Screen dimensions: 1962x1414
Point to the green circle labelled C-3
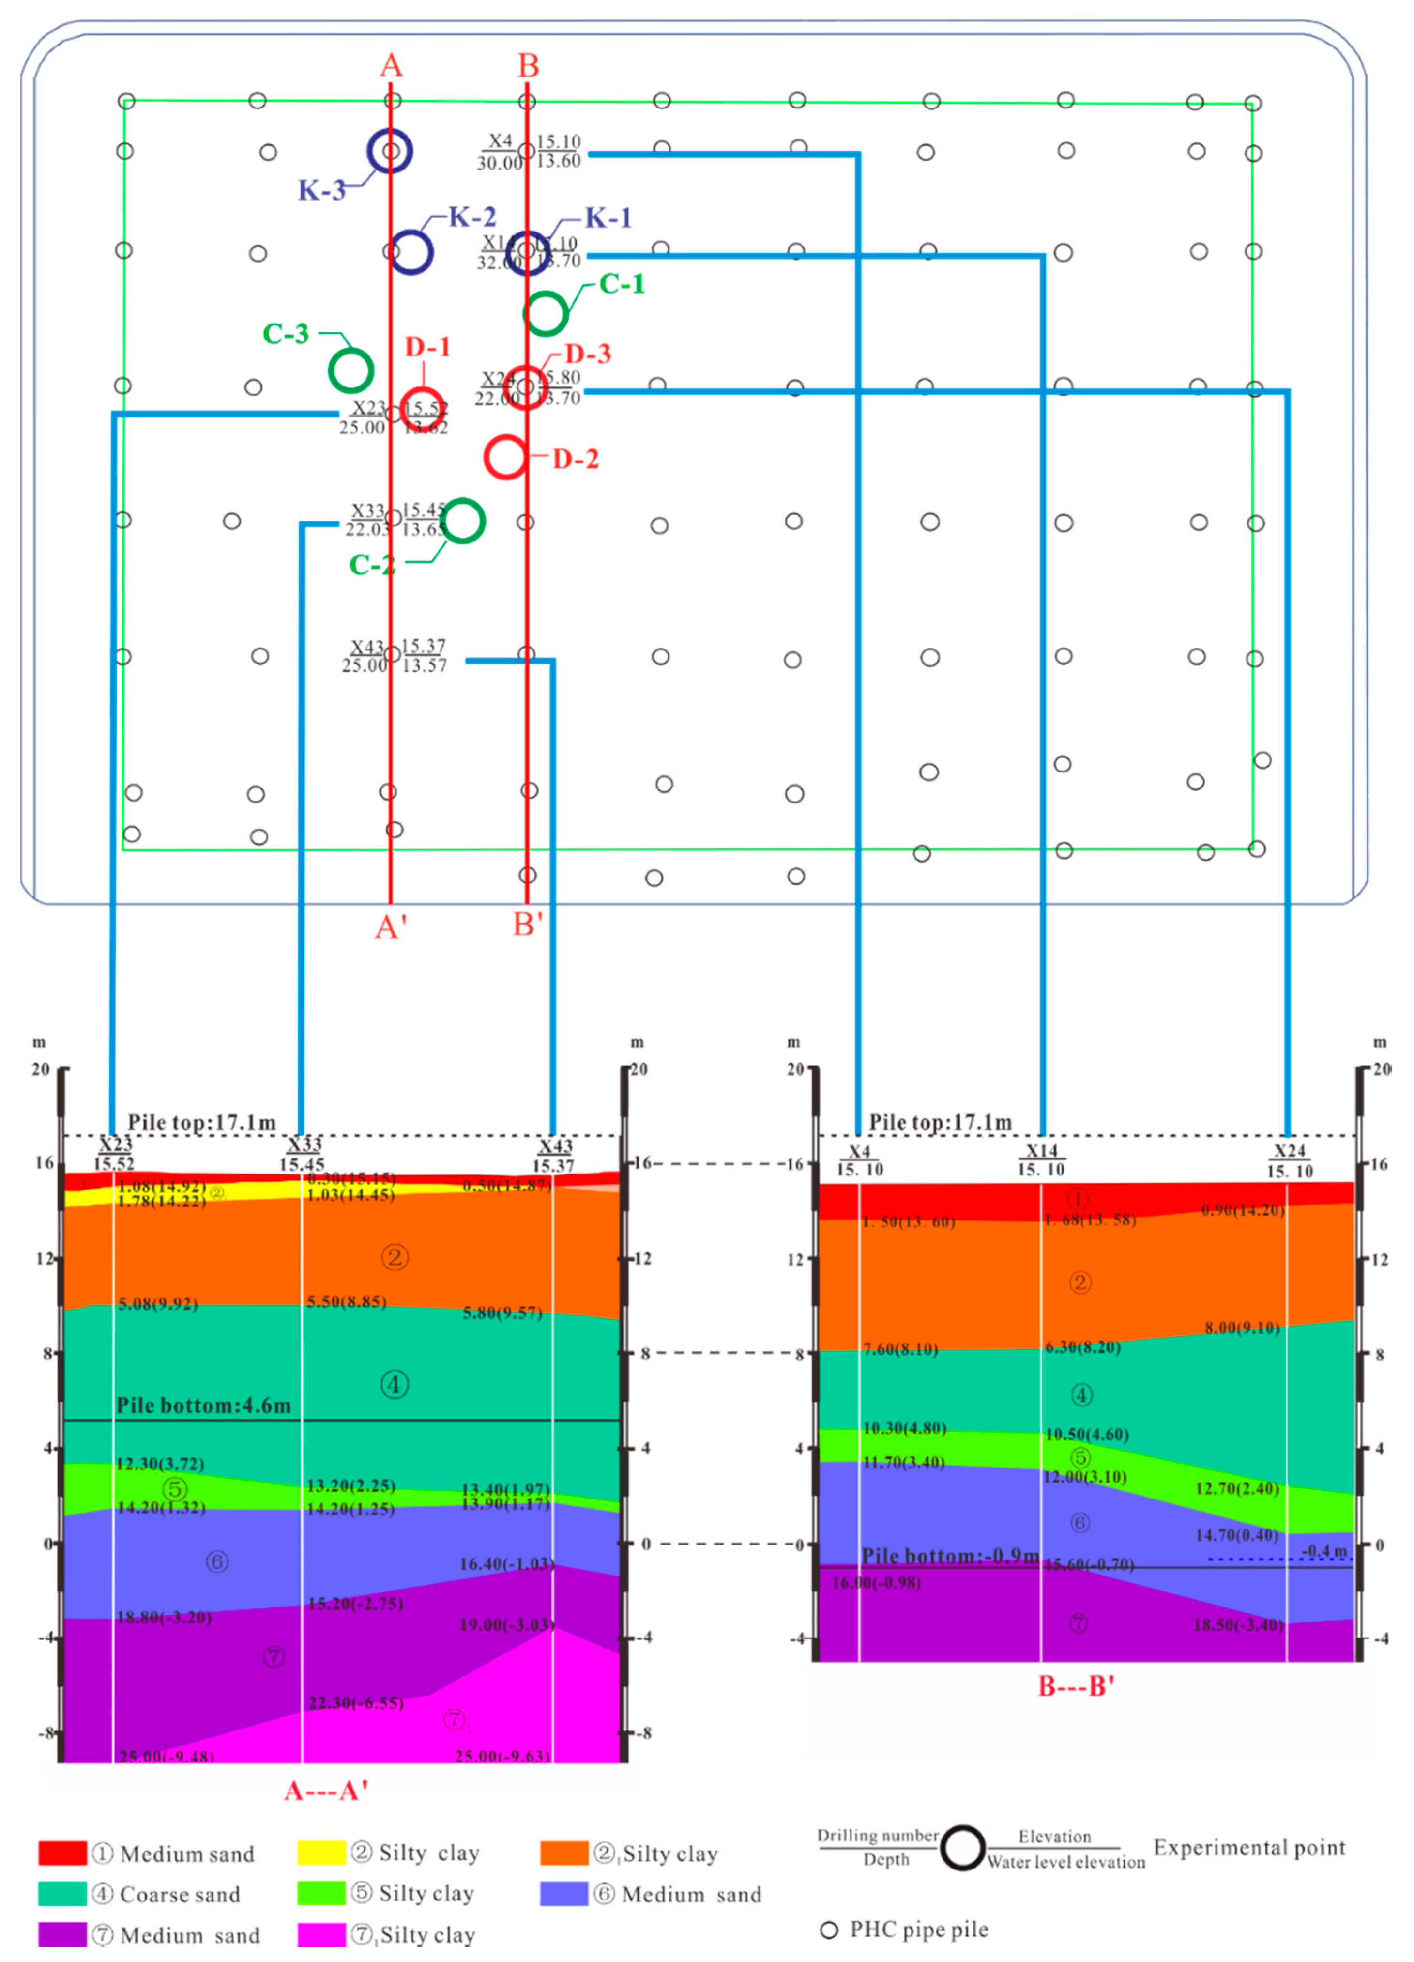click(351, 370)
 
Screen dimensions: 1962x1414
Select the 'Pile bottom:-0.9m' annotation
click(950, 1556)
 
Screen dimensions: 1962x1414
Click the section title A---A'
click(326, 1791)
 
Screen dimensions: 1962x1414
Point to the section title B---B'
click(1076, 1686)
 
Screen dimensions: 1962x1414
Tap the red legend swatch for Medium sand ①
click(62, 1853)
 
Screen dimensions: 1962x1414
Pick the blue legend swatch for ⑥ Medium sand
click(564, 1894)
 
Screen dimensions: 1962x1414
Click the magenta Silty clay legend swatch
click(321, 1934)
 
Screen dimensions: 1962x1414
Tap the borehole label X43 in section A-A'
click(555, 1146)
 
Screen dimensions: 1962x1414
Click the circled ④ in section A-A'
click(395, 1385)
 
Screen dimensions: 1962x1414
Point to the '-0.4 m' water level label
click(1324, 1551)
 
